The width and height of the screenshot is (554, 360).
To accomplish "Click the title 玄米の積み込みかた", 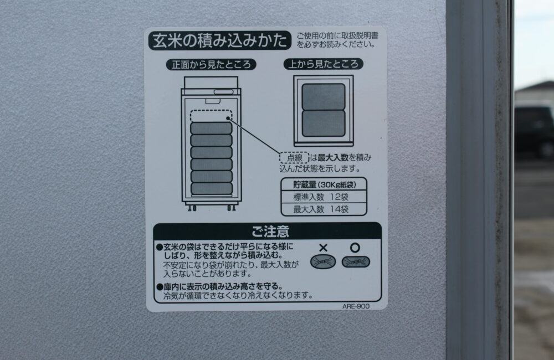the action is click(x=220, y=40).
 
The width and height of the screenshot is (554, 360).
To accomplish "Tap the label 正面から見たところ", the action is click(x=211, y=65).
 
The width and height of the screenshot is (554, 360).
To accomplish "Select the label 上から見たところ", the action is click(x=324, y=64).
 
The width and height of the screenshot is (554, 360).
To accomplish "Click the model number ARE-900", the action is click(x=356, y=306).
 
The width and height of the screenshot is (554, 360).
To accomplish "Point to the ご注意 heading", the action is click(x=270, y=232).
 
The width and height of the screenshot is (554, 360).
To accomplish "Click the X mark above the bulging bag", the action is click(x=323, y=248).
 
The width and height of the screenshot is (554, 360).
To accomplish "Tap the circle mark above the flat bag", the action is click(x=355, y=248).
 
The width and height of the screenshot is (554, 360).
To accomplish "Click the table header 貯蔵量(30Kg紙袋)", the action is click(x=324, y=184).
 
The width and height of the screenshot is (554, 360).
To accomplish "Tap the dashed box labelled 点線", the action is click(x=294, y=157).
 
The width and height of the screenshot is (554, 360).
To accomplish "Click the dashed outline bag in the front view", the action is click(x=211, y=116).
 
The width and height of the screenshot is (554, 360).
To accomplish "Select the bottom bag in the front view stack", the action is click(x=211, y=188).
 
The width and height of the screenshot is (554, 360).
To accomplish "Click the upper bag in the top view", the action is click(x=324, y=96).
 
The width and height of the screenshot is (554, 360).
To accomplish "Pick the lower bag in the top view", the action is click(x=324, y=124).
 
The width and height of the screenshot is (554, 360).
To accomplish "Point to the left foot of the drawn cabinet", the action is click(x=192, y=208).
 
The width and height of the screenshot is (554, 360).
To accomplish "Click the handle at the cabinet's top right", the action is click(x=224, y=92).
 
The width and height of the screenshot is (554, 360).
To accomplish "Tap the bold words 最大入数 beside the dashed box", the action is click(x=333, y=157).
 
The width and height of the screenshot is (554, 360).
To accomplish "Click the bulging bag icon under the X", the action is click(x=323, y=262).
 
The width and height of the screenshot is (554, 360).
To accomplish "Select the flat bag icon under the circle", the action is click(x=356, y=262).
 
